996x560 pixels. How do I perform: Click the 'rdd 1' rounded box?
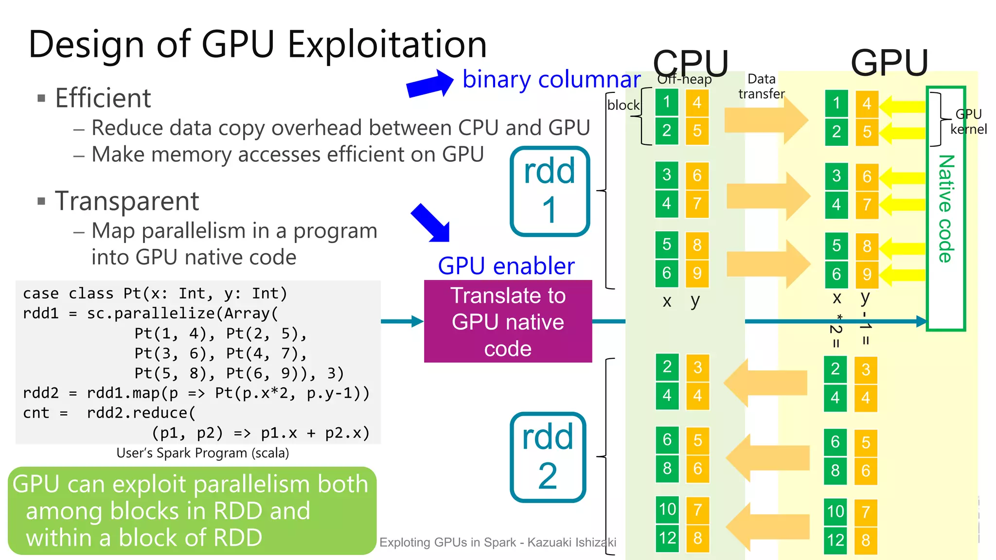pos(550,191)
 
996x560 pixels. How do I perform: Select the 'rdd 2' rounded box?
pos(548,457)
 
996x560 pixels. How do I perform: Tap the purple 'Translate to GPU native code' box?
pos(508,321)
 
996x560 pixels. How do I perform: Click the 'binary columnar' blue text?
pos(551,79)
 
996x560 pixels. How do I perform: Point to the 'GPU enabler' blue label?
pos(506,266)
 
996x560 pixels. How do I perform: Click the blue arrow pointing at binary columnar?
pos(430,84)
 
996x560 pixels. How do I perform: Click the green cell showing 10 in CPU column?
pos(667,509)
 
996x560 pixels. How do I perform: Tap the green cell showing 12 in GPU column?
pos(836,540)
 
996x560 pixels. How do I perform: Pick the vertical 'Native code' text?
pos(946,209)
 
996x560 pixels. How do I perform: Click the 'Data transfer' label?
pos(761,86)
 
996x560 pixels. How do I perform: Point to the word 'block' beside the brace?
pos(623,105)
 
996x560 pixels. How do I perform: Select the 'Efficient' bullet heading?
pos(103,98)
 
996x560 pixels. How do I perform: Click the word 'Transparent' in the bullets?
pos(126,201)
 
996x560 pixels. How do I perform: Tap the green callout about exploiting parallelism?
pos(192,510)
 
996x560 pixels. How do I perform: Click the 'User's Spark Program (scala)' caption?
pos(202,453)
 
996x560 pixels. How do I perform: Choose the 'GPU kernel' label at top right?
pos(968,122)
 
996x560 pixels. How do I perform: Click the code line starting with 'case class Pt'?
pos(155,294)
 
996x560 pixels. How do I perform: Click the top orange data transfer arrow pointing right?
pos(766,120)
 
